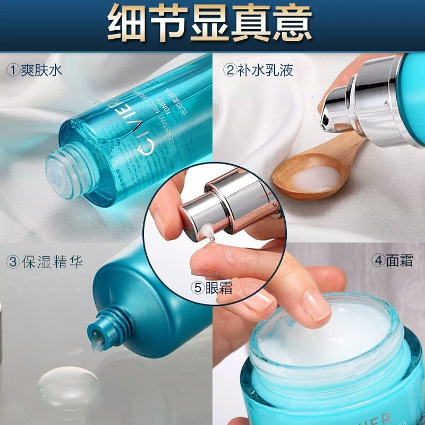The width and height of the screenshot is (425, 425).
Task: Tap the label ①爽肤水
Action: coord(35,70)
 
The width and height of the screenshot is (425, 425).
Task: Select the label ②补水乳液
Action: coord(258,70)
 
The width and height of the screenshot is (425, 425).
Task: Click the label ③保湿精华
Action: coord(45,261)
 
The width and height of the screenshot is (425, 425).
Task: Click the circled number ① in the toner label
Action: coord(12,70)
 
